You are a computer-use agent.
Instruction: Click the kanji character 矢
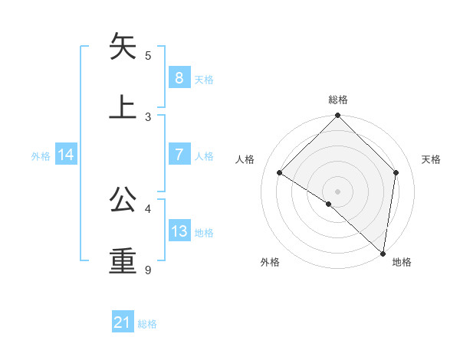pyautogui.click(x=123, y=46)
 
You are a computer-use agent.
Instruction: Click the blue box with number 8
pyautogui.click(x=179, y=77)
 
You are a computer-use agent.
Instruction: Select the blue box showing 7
pyautogui.click(x=179, y=154)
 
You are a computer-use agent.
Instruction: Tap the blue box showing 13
pyautogui.click(x=179, y=231)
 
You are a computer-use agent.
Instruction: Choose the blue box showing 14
pyautogui.click(x=66, y=155)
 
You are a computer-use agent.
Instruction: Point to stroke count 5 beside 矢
pyautogui.click(x=148, y=56)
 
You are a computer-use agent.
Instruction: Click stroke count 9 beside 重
pyautogui.click(x=148, y=270)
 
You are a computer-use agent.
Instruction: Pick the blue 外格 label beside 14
pyautogui.click(x=41, y=155)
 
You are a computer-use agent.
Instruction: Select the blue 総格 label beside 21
pyautogui.click(x=147, y=324)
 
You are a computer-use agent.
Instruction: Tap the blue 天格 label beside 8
pyautogui.click(x=204, y=79)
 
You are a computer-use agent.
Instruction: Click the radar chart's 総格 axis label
pyautogui.click(x=338, y=100)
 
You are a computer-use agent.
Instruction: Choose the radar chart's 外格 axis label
pyautogui.click(x=270, y=263)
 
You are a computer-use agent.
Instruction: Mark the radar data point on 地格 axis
pyautogui.click(x=382, y=254)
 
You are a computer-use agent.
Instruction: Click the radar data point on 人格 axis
pyautogui.click(x=280, y=173)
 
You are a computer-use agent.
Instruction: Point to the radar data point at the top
pyautogui.click(x=337, y=116)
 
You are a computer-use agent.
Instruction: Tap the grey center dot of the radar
pyautogui.click(x=337, y=191)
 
